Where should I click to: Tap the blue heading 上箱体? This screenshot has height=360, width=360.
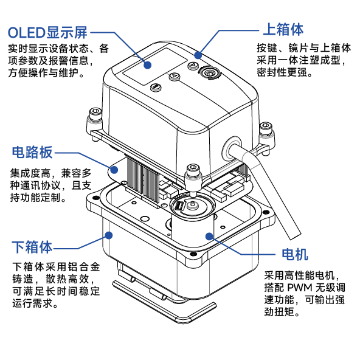coord(282,29)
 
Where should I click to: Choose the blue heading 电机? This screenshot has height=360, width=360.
coord(294,254)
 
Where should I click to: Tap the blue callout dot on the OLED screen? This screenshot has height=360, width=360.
coord(147,63)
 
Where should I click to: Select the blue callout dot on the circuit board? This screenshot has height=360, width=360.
coord(111,167)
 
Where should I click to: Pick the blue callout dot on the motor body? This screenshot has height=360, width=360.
coord(208,235)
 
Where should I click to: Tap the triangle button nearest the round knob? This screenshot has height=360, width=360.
coord(193,65)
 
